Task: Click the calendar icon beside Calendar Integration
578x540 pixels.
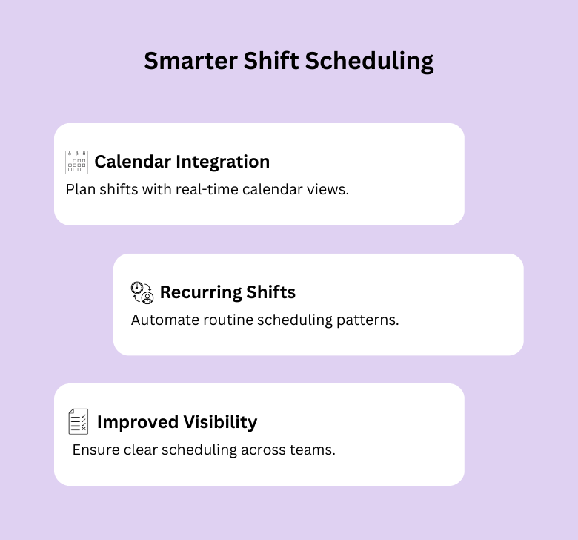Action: click(76, 162)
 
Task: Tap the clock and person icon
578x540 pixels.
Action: click(142, 292)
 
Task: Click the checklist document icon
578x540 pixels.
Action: click(78, 421)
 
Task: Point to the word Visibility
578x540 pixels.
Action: click(220, 422)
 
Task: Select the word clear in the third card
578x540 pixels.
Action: click(140, 450)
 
